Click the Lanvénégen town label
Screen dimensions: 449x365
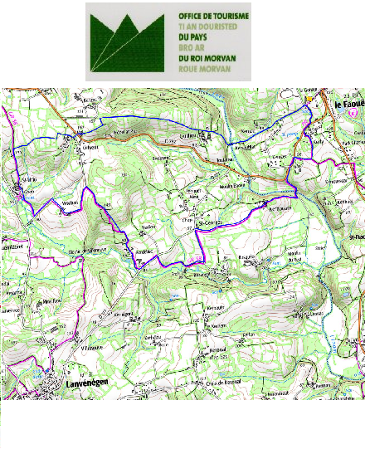(83, 383)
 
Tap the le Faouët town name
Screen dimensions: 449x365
(347, 106)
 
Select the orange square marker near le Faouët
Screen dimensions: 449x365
(309, 99)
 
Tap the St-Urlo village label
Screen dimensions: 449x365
(31, 178)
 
